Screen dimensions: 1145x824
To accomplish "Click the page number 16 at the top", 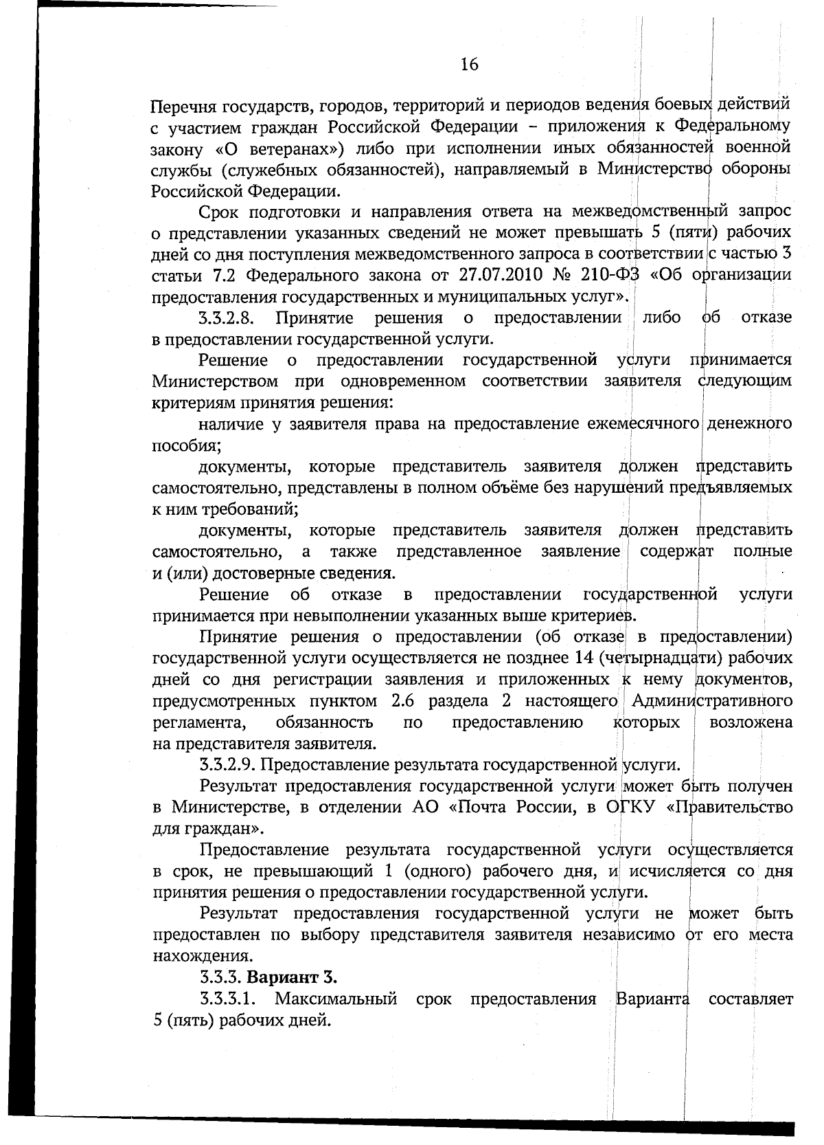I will tap(470, 65).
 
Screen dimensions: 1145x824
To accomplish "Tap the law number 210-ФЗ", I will tap(604, 276).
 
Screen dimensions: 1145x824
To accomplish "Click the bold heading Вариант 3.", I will tap(291, 977).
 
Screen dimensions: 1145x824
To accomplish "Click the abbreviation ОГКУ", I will tap(628, 807).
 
